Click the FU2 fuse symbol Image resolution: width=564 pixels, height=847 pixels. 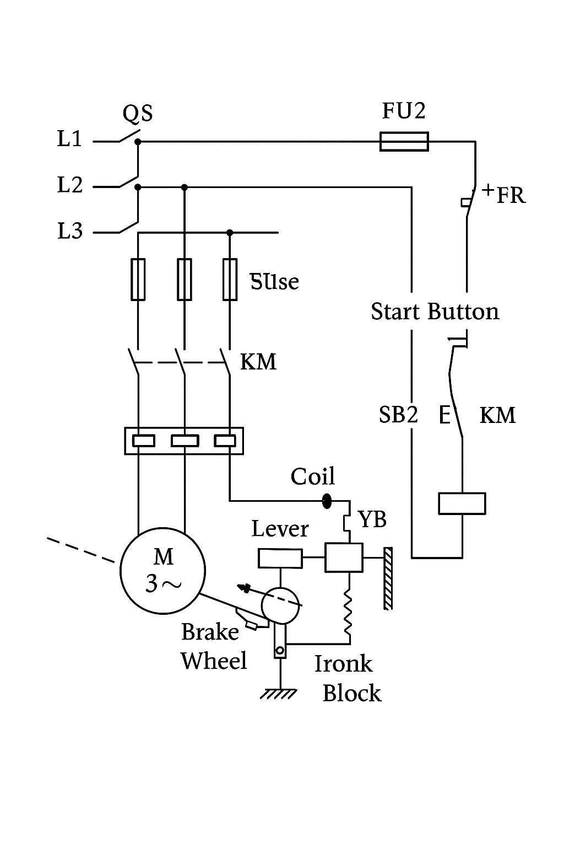[404, 142]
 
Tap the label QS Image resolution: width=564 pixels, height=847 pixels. [138, 114]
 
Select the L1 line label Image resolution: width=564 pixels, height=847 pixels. [70, 139]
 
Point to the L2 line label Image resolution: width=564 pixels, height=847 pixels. [70, 185]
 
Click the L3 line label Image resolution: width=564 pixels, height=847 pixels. [70, 231]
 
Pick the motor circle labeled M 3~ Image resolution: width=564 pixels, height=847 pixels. [163, 571]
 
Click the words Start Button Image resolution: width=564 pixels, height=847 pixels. [435, 312]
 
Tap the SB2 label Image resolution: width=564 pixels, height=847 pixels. [398, 415]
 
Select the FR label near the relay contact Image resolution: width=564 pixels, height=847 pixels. [511, 196]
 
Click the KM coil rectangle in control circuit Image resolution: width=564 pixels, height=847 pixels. [462, 503]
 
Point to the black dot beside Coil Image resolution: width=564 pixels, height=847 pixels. [327, 501]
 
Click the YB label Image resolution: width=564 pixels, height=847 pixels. [372, 519]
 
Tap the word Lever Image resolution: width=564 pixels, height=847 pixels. [280, 529]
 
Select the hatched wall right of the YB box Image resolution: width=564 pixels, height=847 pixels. [388, 578]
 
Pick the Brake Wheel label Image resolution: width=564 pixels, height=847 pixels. [214, 646]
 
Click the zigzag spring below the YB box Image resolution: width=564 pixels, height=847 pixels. [348, 612]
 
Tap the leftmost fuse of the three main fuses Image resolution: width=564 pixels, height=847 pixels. [138, 279]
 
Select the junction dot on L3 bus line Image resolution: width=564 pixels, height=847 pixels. [230, 233]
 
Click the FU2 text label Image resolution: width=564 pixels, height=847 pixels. [404, 111]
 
